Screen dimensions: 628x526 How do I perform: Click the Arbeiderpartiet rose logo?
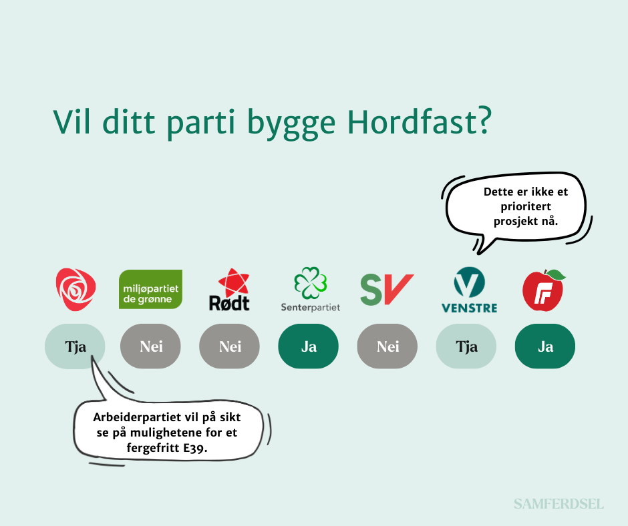click(75, 290)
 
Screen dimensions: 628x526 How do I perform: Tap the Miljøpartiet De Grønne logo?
click(150, 289)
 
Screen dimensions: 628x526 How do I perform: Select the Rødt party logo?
click(230, 290)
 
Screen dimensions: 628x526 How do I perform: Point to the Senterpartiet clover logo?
click(311, 290)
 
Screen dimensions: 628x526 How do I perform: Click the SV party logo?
click(387, 290)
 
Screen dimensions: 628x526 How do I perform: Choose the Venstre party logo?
click(469, 290)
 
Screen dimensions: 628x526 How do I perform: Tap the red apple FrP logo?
click(544, 290)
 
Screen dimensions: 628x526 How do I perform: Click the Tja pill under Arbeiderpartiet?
click(75, 346)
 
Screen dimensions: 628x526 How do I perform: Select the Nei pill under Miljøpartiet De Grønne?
click(150, 346)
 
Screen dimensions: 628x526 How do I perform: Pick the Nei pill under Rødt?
click(230, 346)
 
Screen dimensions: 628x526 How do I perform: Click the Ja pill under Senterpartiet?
click(309, 346)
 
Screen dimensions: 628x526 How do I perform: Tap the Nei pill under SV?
click(387, 346)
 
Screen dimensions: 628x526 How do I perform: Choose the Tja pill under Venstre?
click(466, 346)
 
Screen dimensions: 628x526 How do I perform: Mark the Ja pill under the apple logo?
click(545, 346)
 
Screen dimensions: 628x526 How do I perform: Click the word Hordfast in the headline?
click(419, 121)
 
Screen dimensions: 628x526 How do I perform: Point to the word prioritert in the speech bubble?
click(526, 206)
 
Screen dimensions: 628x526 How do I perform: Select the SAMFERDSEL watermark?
click(559, 504)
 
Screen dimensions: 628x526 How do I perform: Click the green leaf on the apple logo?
click(556, 274)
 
